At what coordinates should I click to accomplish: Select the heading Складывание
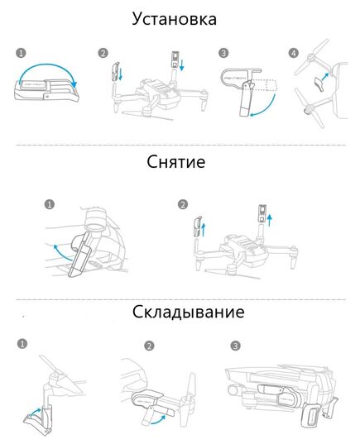(187, 313)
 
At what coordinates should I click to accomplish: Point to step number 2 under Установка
(103, 53)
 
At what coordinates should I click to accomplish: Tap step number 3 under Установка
(223, 53)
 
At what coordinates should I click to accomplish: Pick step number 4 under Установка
(293, 53)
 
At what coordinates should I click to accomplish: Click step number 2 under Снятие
(182, 203)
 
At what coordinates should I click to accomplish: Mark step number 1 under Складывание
(22, 342)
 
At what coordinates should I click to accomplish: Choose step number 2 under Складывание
(149, 345)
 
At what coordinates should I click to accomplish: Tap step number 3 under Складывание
(236, 345)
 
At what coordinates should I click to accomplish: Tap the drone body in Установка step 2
(156, 93)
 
